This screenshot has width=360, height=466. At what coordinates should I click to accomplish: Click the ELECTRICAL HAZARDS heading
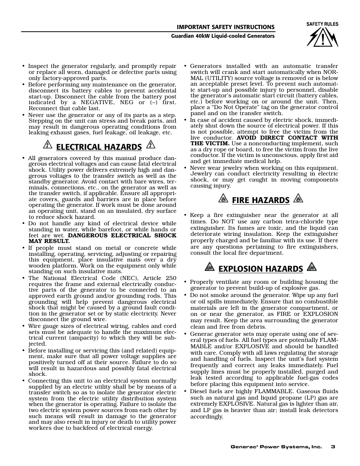pyautogui.click(x=99, y=147)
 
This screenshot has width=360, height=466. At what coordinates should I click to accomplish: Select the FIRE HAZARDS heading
pyautogui.click(x=261, y=200)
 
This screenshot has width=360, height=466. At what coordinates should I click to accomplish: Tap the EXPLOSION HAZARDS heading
pyautogui.click(x=261, y=269)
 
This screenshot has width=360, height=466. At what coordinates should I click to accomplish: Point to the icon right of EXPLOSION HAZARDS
pyautogui.click(x=311, y=267)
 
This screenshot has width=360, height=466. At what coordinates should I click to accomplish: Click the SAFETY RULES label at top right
pyautogui.click(x=322, y=24)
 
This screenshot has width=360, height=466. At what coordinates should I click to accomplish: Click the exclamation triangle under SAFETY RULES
pyautogui.click(x=323, y=37)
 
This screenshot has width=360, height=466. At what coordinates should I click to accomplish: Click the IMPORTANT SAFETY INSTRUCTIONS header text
pyautogui.click(x=226, y=27)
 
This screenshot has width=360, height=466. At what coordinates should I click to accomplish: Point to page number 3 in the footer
pyautogui.click(x=333, y=447)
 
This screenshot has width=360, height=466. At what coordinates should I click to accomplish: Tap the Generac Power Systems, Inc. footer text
pyautogui.click(x=276, y=447)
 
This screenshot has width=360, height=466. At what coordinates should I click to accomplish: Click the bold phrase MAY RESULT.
pyautogui.click(x=49, y=241)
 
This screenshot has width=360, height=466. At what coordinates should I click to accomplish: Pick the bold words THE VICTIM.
pyautogui.click(x=209, y=143)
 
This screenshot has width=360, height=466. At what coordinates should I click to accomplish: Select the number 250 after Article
pyautogui.click(x=171, y=278)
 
